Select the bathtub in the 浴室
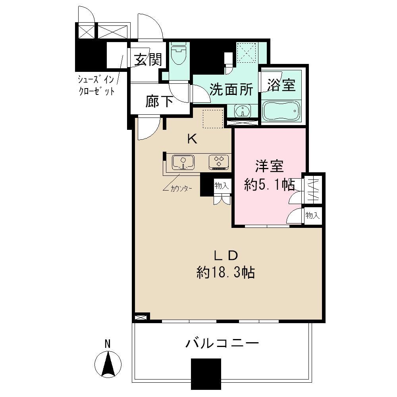click(281, 110)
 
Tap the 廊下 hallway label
click(159, 102)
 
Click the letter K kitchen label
click(192, 139)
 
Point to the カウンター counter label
click(181, 189)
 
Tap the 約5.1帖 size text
click(269, 185)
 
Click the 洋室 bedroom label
click(269, 167)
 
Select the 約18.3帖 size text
click(225, 273)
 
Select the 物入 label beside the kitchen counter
click(221, 185)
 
